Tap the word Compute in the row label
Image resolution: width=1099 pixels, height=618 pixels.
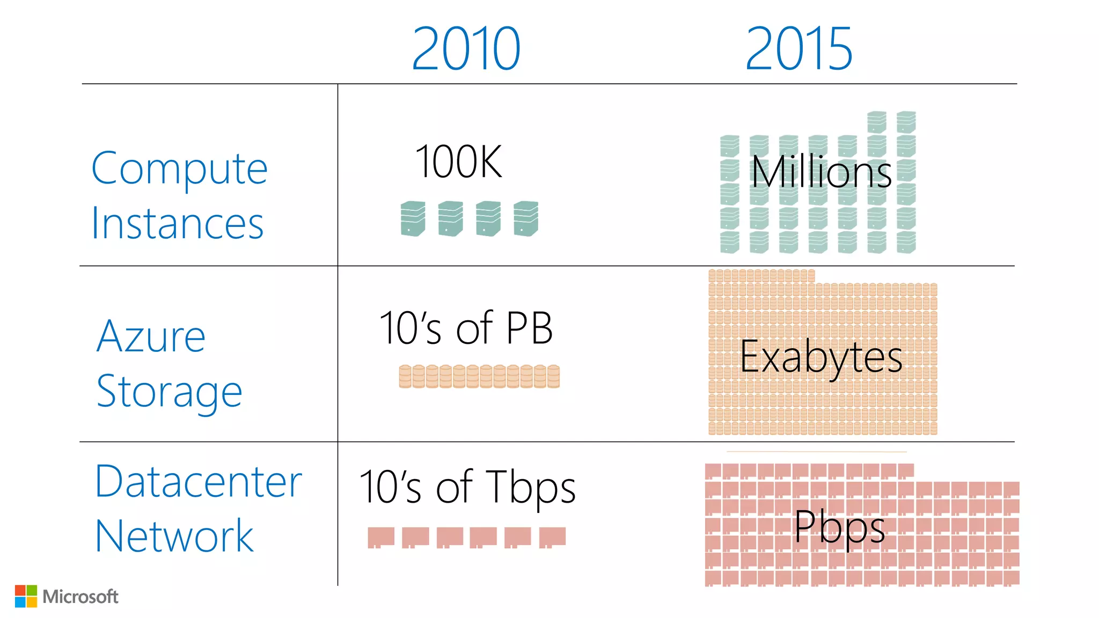tap(179, 168)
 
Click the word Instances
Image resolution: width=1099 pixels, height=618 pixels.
tap(177, 223)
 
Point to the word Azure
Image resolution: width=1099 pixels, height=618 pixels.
tap(151, 336)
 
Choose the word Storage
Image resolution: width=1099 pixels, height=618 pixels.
tap(169, 392)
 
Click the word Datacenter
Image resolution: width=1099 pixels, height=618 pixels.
tap(199, 481)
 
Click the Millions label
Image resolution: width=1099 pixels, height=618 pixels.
tap(821, 172)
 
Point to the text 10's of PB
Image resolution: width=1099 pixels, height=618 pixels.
tap(466, 328)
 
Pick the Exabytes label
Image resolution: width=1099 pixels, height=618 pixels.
tap(821, 357)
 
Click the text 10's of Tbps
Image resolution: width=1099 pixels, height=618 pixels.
tap(467, 487)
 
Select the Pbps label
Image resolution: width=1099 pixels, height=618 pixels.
tap(839, 527)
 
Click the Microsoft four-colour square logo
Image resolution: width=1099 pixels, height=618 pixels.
tap(26, 596)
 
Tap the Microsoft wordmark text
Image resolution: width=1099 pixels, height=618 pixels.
tap(80, 597)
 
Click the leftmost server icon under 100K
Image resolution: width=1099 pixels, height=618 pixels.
tap(413, 218)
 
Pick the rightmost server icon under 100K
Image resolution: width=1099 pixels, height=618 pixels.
tap(526, 218)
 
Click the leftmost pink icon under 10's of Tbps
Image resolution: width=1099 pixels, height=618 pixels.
tap(381, 537)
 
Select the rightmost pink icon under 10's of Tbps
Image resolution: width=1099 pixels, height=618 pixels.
tap(552, 537)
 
